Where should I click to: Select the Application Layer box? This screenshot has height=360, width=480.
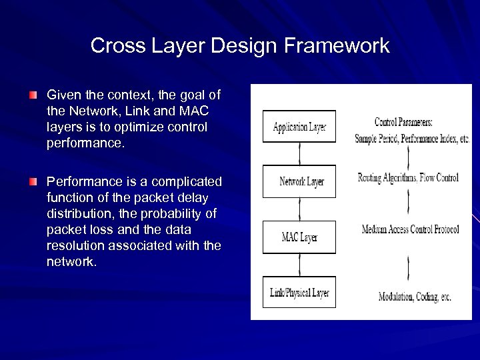click(x=299, y=127)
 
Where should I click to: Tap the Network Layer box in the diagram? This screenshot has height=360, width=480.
click(x=299, y=181)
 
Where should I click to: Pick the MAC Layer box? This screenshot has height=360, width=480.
click(x=299, y=237)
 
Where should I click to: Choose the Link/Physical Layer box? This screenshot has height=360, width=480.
click(x=299, y=292)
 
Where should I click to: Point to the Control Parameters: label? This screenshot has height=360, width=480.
click(x=403, y=122)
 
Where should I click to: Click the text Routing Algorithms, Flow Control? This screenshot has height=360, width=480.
click(x=408, y=177)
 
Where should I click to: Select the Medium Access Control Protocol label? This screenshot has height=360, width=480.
click(x=410, y=229)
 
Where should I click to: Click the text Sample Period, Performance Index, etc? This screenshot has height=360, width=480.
click(x=412, y=139)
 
